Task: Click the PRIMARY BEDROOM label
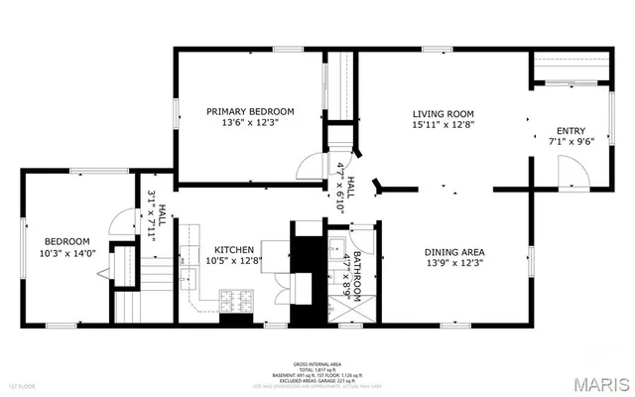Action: [x=250, y=111]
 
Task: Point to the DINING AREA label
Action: [x=454, y=251]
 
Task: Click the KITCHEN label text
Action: [x=229, y=249]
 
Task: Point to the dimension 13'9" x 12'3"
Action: [x=454, y=263]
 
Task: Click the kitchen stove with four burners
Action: [x=235, y=299]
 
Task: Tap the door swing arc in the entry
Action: [x=572, y=175]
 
